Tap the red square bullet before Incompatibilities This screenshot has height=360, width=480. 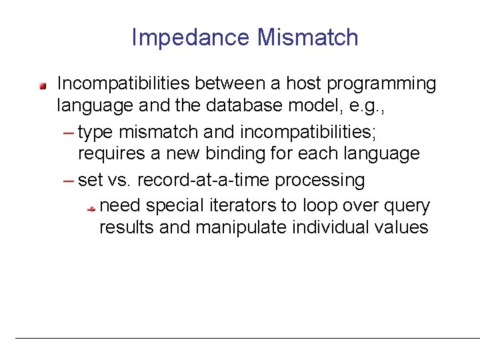coord(42,85)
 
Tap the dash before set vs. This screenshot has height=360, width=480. coord(70,181)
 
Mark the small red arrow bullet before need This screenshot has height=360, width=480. coord(93,209)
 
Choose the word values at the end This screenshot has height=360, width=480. coord(399,227)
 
